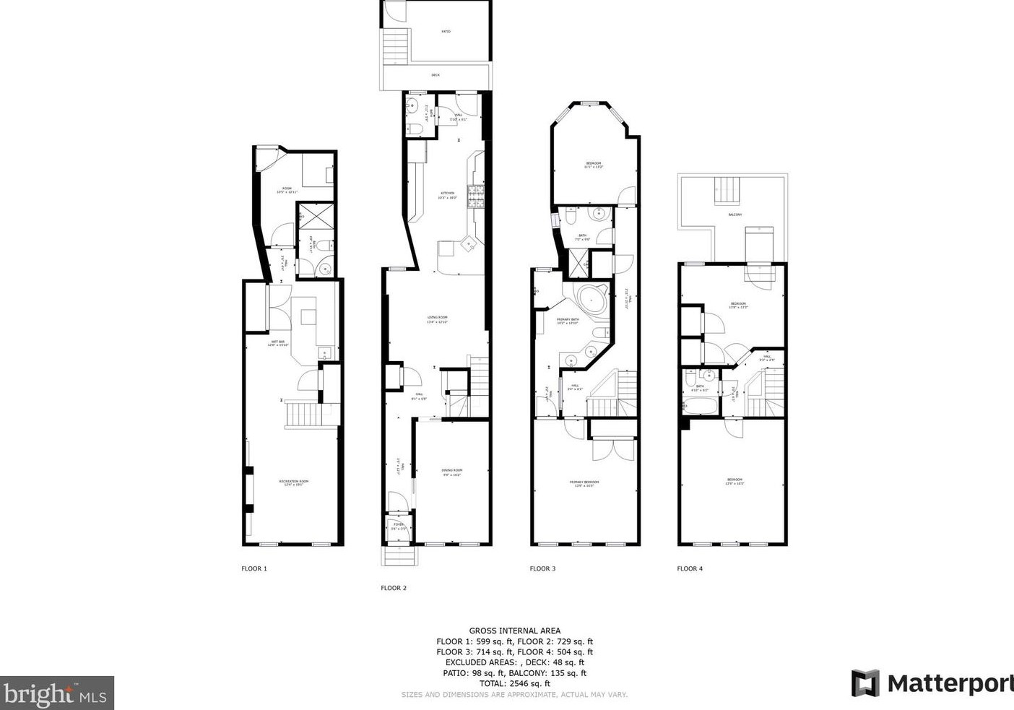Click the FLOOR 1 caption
(x=254, y=568)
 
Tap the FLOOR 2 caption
(x=394, y=588)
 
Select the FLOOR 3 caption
(x=542, y=568)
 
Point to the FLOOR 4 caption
(x=690, y=568)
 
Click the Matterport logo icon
(x=864, y=683)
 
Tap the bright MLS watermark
(x=57, y=693)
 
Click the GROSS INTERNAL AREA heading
(x=514, y=631)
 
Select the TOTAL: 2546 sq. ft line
(x=514, y=683)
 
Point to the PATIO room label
(x=446, y=32)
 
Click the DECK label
(x=435, y=74)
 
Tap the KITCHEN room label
(x=448, y=193)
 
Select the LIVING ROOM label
(x=438, y=318)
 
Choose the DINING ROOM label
(x=452, y=471)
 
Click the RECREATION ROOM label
(x=294, y=482)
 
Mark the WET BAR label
(x=278, y=342)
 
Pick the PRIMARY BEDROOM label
(x=584, y=482)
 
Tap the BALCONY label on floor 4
(x=734, y=215)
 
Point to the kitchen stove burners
(x=476, y=196)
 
